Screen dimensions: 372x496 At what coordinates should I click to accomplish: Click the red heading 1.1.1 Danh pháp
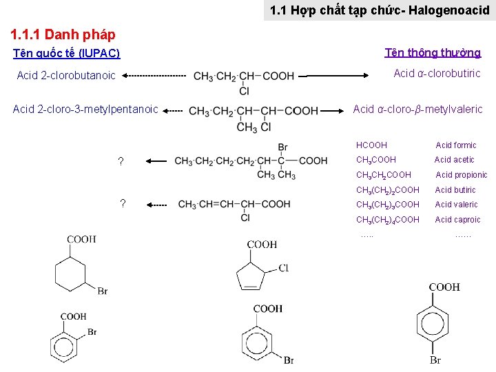(63, 34)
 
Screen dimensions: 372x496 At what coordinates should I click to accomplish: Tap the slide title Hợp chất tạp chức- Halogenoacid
(380, 10)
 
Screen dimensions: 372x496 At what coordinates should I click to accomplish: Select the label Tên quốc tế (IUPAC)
(67, 53)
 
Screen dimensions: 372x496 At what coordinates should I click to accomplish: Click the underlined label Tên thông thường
(433, 53)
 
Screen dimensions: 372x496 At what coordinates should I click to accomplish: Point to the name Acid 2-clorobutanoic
(66, 76)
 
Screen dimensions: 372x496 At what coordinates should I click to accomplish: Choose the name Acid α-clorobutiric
(437, 74)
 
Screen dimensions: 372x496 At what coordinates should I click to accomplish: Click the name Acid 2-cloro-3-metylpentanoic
(86, 109)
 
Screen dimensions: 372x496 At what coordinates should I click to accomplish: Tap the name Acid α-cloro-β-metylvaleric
(417, 109)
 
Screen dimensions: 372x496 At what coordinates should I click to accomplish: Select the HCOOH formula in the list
(371, 145)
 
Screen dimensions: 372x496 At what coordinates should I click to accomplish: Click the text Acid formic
(455, 145)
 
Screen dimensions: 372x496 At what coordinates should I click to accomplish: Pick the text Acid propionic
(461, 175)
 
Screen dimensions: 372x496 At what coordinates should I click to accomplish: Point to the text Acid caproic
(457, 220)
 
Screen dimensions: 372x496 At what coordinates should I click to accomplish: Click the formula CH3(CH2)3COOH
(387, 205)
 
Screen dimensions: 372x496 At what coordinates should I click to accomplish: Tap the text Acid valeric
(456, 205)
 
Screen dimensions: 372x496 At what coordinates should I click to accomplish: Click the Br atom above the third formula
(282, 147)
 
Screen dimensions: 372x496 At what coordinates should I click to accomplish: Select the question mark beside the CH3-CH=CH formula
(123, 203)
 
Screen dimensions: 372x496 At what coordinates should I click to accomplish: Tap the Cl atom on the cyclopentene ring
(283, 268)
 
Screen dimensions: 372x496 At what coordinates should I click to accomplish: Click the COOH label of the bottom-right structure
(444, 287)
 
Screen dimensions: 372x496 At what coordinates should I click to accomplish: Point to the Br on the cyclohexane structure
(102, 291)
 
